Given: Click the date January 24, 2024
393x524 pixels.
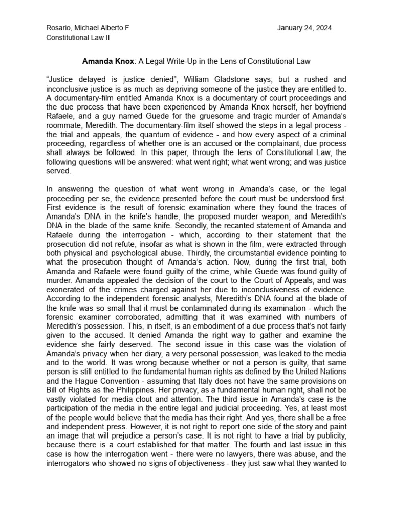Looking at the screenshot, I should pos(304,28).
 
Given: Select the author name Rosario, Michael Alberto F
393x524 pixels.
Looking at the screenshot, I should pos(88,28).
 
